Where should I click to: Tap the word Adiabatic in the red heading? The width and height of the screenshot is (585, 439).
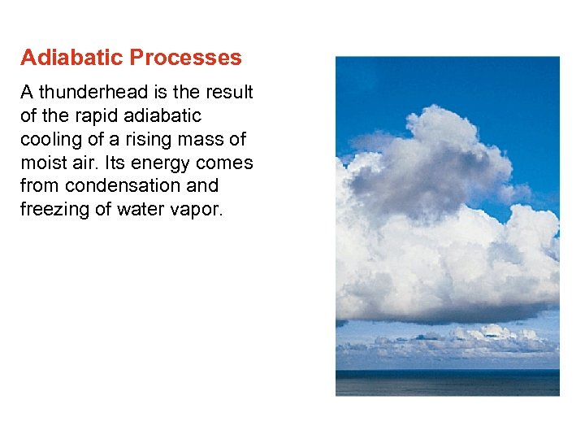click(x=71, y=58)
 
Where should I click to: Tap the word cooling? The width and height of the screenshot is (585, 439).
click(x=50, y=140)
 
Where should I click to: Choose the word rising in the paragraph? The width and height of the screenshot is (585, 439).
click(x=143, y=140)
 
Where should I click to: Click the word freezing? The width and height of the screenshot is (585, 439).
click(x=52, y=210)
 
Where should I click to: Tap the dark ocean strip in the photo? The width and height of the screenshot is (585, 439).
click(x=447, y=382)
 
